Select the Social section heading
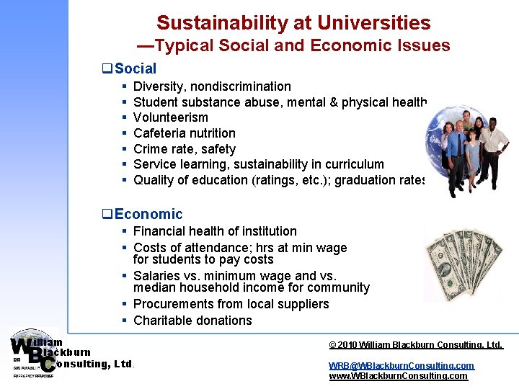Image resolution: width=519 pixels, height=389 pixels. [135, 69]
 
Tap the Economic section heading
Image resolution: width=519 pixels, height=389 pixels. [148, 214]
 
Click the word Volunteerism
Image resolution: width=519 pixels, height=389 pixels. [171, 117]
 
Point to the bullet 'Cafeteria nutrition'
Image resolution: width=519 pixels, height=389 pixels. [185, 133]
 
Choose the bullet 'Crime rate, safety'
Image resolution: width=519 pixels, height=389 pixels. [185, 149]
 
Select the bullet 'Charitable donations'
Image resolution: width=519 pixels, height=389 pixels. [192, 321]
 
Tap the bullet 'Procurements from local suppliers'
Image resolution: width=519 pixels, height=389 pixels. [231, 304]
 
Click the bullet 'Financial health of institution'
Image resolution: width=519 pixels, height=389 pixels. [215, 231]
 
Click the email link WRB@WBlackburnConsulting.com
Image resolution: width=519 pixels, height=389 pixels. [402, 366]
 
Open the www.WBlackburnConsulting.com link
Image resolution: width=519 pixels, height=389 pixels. [398, 376]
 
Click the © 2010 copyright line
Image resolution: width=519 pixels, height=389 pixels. [415, 345]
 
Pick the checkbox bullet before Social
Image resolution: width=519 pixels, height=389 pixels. [107, 70]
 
